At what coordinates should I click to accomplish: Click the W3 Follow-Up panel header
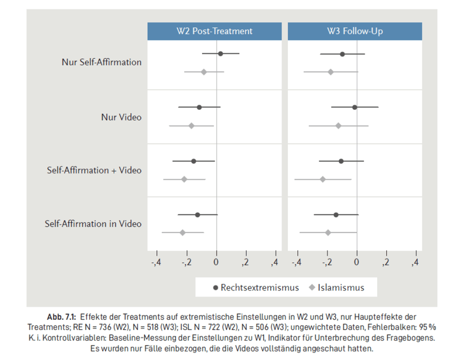355,31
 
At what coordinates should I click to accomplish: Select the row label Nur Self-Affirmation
102,62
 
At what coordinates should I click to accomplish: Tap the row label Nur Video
121,117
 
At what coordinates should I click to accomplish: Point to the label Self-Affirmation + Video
94,170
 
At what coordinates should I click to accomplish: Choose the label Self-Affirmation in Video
93,224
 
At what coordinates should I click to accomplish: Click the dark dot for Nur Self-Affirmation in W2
220,54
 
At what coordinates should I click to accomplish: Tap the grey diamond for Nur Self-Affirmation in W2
204,72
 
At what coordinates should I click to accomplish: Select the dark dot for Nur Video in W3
354,107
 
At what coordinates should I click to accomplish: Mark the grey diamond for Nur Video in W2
191,126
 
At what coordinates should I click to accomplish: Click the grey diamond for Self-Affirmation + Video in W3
323,179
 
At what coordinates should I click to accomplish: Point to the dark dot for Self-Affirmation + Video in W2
194,161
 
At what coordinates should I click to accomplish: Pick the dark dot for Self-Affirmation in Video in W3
336,215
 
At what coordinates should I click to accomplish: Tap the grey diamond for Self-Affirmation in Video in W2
183,233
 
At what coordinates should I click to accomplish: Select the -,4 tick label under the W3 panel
297,262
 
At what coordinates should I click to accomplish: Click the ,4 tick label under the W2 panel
275,262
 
